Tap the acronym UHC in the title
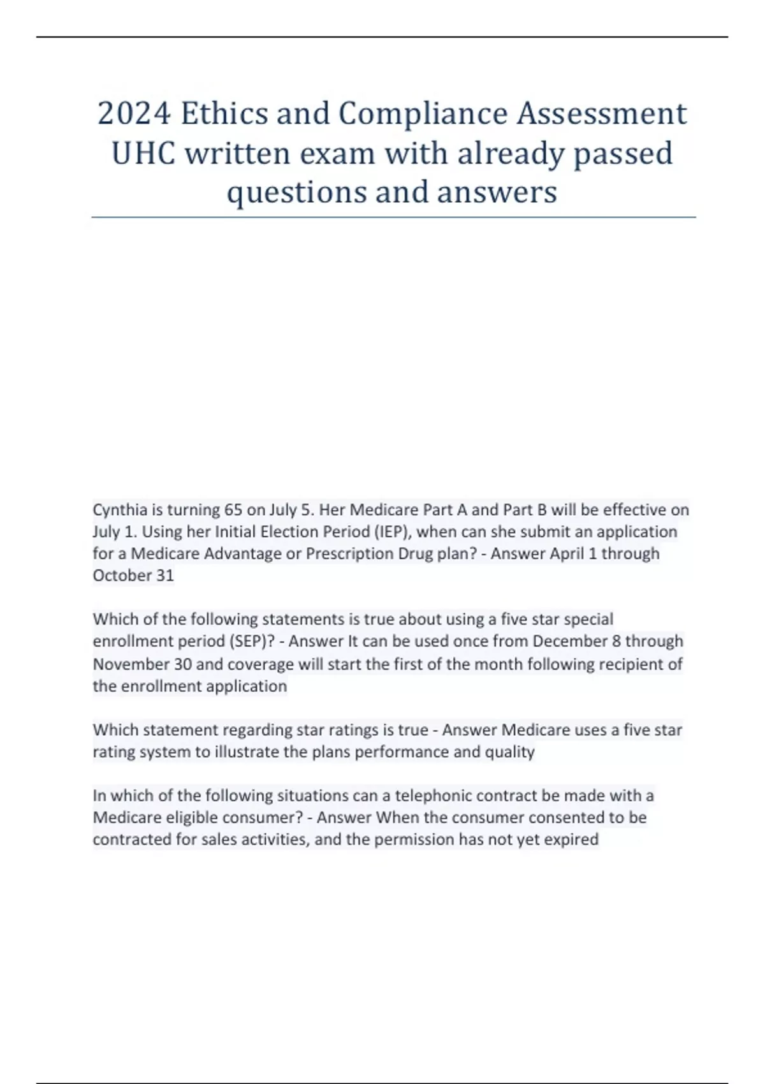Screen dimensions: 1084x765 click(x=143, y=154)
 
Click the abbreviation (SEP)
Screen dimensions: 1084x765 click(x=253, y=641)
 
